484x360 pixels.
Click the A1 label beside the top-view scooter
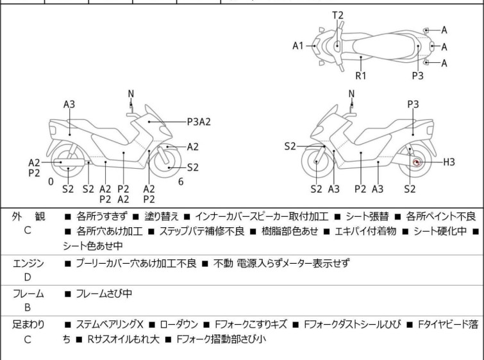point(298,46)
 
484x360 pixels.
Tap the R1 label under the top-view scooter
point(362,75)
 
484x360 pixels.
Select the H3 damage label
point(449,162)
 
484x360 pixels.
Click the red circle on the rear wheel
point(417,162)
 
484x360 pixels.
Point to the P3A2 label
point(199,120)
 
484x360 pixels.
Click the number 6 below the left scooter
point(181,182)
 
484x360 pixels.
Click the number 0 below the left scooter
point(51,182)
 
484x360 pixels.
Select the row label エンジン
point(28,262)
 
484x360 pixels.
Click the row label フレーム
point(28,294)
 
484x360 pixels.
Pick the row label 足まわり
point(28,325)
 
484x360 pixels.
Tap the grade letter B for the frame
point(28,307)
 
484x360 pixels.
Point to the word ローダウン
point(189,325)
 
